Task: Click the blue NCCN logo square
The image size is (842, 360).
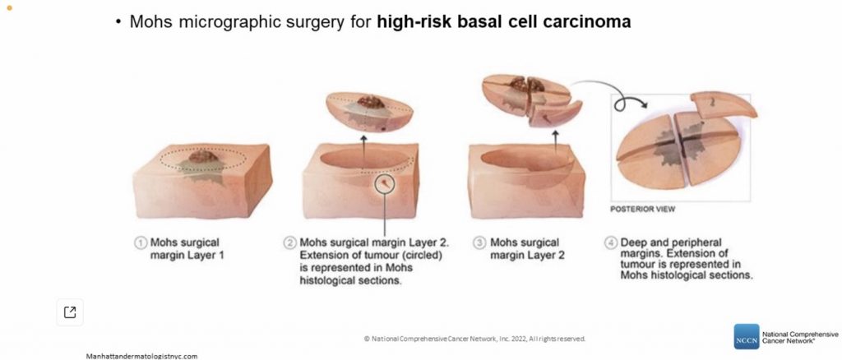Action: [x=747, y=336]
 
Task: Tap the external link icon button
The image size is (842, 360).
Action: [x=70, y=312]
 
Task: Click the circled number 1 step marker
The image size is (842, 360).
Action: [x=141, y=243]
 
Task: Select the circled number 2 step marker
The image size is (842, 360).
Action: [x=290, y=243]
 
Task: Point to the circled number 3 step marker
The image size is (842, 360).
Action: [x=479, y=243]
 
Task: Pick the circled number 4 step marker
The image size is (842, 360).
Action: [x=611, y=243]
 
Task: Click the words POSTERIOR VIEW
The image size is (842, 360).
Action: [x=642, y=210]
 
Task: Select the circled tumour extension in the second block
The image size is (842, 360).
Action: [x=385, y=184]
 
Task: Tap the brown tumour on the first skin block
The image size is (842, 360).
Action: [x=204, y=156]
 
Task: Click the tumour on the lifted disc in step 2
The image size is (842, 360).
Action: [x=371, y=101]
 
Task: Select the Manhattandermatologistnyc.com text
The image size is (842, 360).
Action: [x=141, y=356]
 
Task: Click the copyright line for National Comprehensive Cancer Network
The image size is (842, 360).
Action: [x=474, y=339]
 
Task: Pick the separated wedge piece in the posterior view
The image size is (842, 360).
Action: [x=724, y=104]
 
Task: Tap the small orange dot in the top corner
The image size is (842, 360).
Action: [x=8, y=7]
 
